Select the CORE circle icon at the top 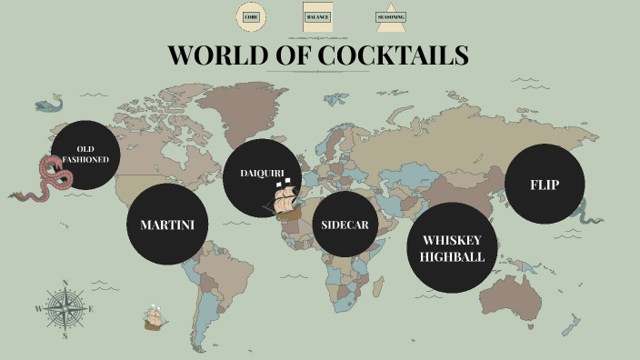click(251, 17)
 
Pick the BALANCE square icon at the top click(316, 17)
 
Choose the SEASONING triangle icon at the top click(391, 18)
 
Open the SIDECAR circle click(345, 224)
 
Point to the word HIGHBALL click(452, 256)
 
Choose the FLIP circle click(545, 184)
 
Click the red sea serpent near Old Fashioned click(49, 178)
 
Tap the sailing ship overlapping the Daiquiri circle click(285, 200)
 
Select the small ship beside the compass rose click(155, 318)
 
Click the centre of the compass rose click(65, 309)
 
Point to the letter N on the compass click(65, 284)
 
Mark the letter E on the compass click(91, 309)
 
